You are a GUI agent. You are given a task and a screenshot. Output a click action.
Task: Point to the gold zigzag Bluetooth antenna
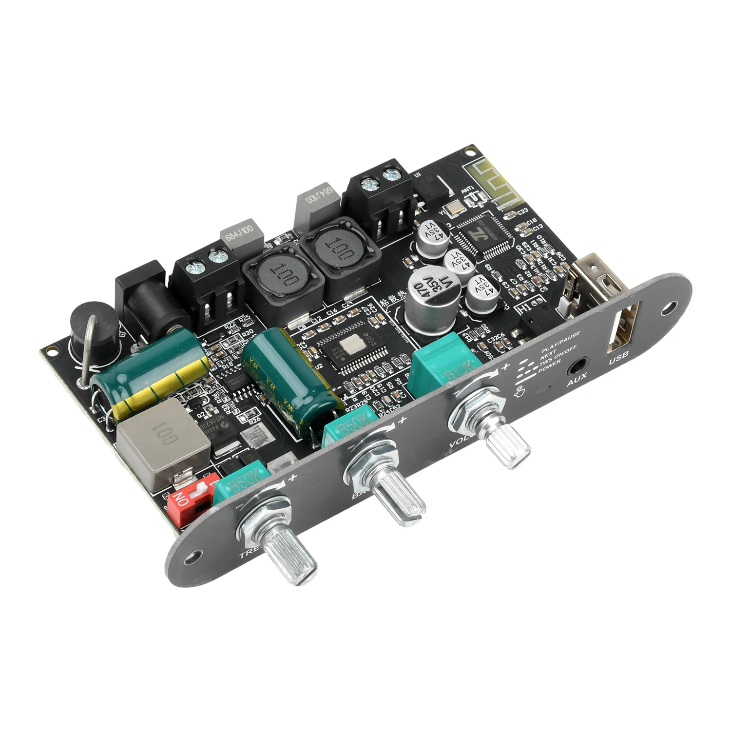(492, 180)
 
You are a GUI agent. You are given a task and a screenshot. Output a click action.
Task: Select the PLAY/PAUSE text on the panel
(560, 337)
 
